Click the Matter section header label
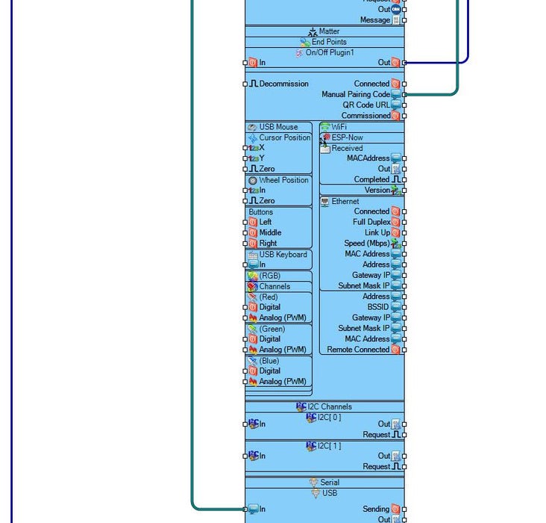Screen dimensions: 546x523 coord(329,31)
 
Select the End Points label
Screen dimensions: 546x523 coord(329,42)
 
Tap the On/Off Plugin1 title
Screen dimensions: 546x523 coord(330,52)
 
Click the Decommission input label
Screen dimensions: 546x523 coord(283,84)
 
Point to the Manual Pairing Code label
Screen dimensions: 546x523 coord(356,95)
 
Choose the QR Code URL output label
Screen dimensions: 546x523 coord(366,105)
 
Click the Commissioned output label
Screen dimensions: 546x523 coord(365,116)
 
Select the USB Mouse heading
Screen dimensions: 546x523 coord(278,127)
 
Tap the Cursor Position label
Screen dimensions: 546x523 coord(285,137)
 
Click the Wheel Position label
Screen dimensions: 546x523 coord(283,180)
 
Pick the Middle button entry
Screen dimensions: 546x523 coord(270,232)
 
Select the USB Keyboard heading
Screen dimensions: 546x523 coord(283,254)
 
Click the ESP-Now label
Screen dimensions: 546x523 coord(348,137)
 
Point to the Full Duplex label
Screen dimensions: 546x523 coord(371,222)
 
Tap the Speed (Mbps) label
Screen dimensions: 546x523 coord(366,243)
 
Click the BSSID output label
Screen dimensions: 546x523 coord(378,307)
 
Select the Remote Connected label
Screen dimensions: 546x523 coord(358,349)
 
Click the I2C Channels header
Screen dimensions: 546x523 coord(330,406)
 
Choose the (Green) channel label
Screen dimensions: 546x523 coord(272,329)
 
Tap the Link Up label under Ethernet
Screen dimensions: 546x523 coord(377,232)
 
